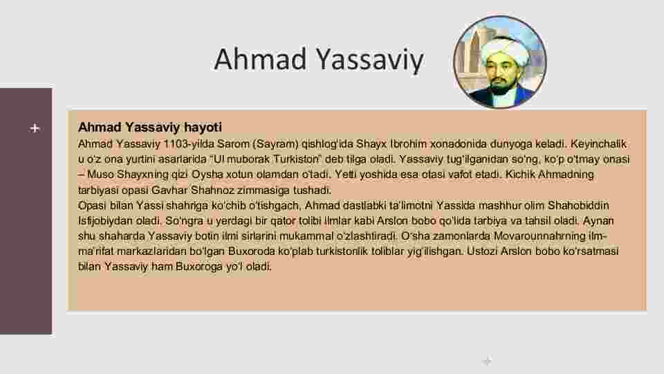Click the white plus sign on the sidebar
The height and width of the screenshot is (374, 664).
pos(35,128)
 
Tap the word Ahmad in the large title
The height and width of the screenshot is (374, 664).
pos(260,59)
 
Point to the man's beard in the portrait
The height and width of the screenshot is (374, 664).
pos(499,87)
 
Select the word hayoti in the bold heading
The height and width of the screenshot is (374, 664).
pos(203,127)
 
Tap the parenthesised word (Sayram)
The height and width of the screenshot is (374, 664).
pos(276,144)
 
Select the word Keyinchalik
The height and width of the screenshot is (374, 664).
pos(598,144)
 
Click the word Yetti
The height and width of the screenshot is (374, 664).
pos(344,175)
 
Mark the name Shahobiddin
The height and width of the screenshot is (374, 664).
pos(578,206)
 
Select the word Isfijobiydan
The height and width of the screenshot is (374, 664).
pos(105,221)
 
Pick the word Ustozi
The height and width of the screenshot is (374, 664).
pos(482,251)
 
